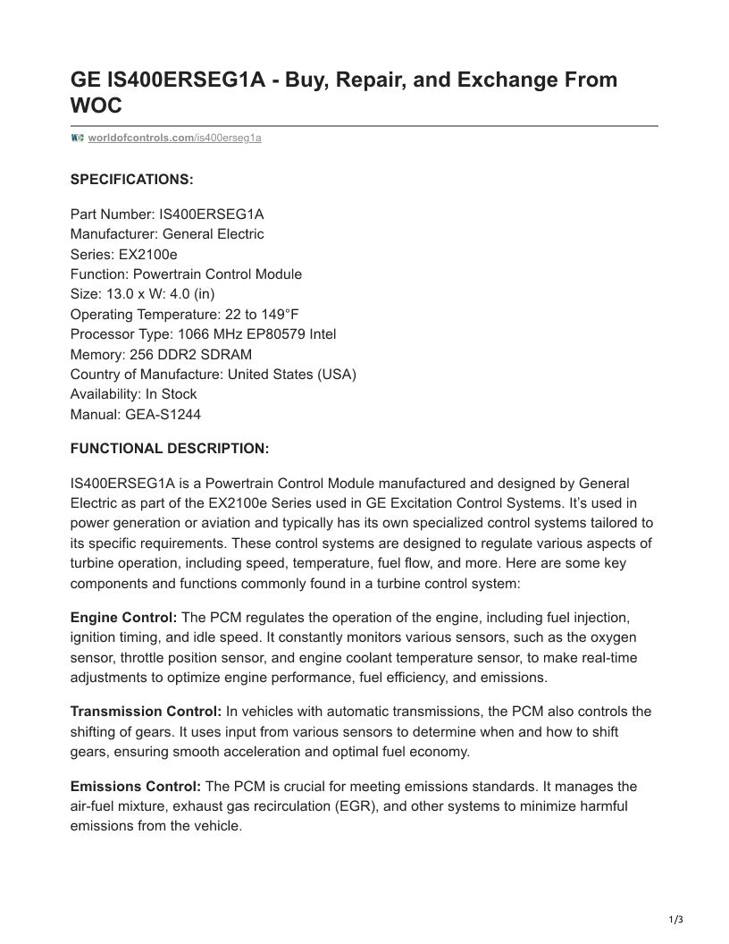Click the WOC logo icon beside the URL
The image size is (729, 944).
coord(77,138)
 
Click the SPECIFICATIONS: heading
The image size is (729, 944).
coord(131,180)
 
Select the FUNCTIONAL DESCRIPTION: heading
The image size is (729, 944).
coord(169,448)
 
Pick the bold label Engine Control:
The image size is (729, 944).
coord(124,618)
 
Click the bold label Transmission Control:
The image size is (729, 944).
coord(146,712)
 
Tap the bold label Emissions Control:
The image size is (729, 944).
coord(136,787)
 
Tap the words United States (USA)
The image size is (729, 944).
coord(292,374)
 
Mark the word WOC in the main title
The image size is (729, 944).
coord(96,106)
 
